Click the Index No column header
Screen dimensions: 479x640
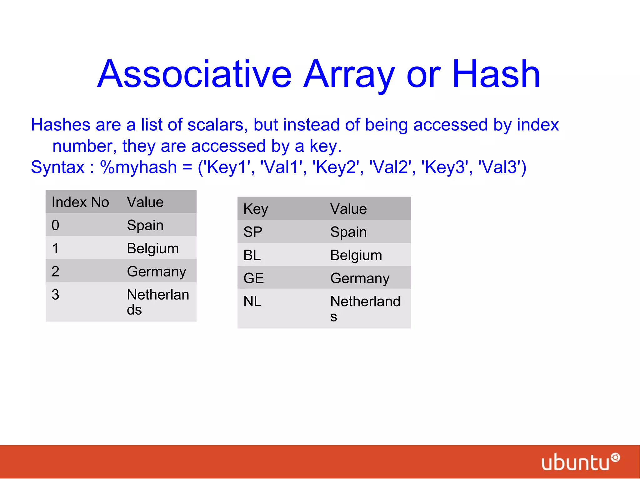pyautogui.click(x=80, y=202)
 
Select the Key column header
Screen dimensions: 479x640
pyautogui.click(x=256, y=209)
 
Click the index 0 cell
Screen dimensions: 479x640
pyautogui.click(x=55, y=225)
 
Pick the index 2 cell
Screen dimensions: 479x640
pyautogui.click(x=55, y=271)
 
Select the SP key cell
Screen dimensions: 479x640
pyautogui.click(x=253, y=232)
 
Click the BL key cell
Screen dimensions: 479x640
pyautogui.click(x=252, y=255)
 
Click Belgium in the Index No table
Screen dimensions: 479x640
pyautogui.click(x=153, y=249)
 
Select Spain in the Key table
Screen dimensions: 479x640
pyautogui.click(x=348, y=232)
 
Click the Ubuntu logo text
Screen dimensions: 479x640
pyautogui.click(x=575, y=462)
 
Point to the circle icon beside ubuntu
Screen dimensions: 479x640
pyautogui.click(x=615, y=457)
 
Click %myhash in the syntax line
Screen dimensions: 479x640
pyautogui.click(x=138, y=167)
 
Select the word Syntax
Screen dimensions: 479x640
pyautogui.click(x=58, y=167)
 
